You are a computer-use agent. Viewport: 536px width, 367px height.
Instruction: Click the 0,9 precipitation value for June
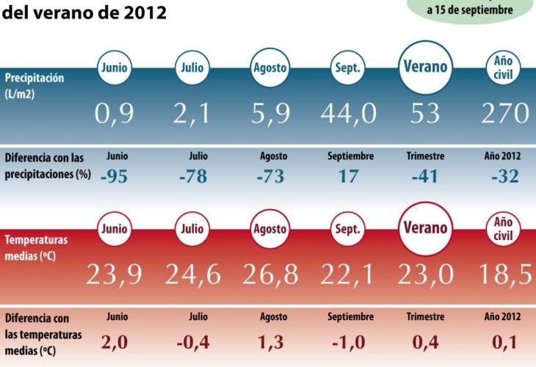point(115,113)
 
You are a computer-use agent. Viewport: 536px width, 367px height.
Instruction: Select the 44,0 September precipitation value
point(348,113)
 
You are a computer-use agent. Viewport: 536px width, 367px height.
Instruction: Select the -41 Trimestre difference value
point(425,177)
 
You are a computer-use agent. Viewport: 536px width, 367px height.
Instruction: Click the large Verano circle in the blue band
point(424,68)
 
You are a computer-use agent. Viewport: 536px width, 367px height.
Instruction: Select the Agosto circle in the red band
point(269,230)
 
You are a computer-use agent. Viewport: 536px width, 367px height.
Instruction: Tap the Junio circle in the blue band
point(115,68)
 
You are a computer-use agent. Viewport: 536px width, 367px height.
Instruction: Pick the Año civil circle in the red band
point(502,228)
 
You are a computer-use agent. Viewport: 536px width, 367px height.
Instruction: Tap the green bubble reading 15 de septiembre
point(470,10)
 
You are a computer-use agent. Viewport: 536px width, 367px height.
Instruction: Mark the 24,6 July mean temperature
point(193,275)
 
